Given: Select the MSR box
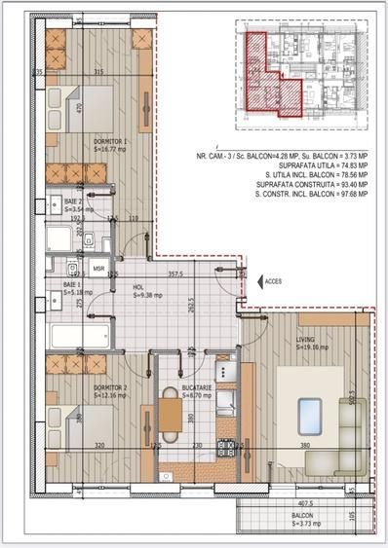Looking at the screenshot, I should pos(98,266).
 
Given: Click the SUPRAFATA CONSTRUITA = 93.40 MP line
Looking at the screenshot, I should pos(309,183).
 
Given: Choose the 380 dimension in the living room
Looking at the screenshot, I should pos(304,446).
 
